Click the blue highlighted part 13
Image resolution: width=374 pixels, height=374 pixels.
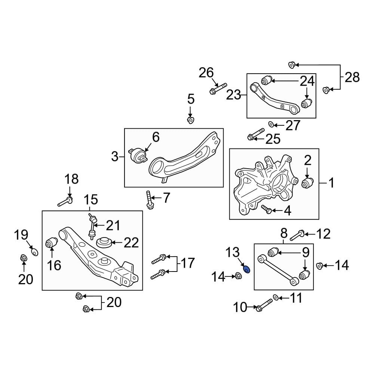pos(246,269)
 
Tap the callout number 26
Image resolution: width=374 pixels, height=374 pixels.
pos(206,73)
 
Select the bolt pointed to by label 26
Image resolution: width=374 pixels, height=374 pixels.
pos(218,89)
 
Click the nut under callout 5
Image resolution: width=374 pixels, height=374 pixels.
pos(190,120)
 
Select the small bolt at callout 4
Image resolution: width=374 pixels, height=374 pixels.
pos(266,209)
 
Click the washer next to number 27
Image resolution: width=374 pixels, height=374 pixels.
pos(270,124)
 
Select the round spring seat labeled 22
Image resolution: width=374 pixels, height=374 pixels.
pos(105,243)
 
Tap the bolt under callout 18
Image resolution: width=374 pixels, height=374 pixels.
pos(65,202)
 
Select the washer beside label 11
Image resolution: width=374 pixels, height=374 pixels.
pos(276,297)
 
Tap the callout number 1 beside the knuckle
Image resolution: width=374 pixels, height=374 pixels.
pos(331,183)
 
